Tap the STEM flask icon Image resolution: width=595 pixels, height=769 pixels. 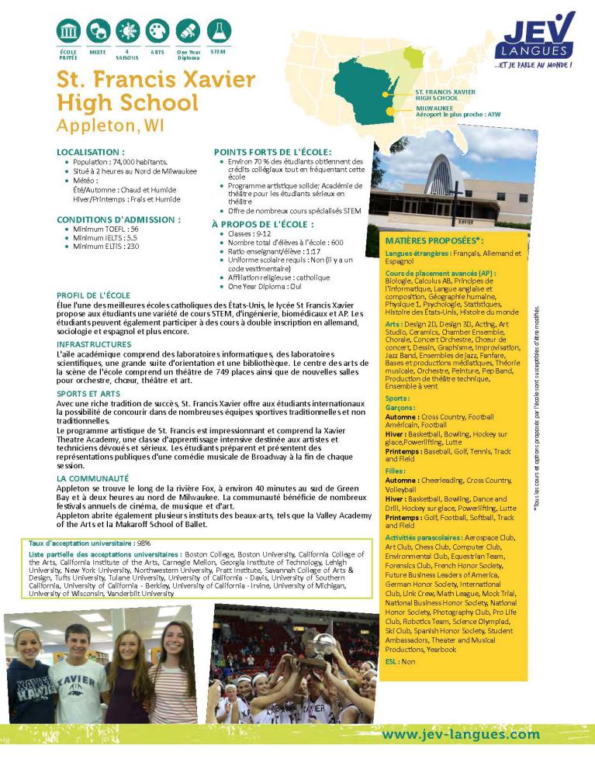218,32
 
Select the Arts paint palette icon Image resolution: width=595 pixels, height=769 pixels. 157,32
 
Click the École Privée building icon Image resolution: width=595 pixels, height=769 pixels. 69,32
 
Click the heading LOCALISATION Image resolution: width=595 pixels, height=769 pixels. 91,152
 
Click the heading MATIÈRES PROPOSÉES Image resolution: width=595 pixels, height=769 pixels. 434,241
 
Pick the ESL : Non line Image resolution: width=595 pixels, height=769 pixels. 401,661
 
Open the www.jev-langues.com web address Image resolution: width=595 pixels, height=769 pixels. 461,733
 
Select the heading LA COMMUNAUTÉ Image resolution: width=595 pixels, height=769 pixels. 92,478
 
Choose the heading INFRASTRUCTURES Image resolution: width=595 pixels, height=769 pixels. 94,343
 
